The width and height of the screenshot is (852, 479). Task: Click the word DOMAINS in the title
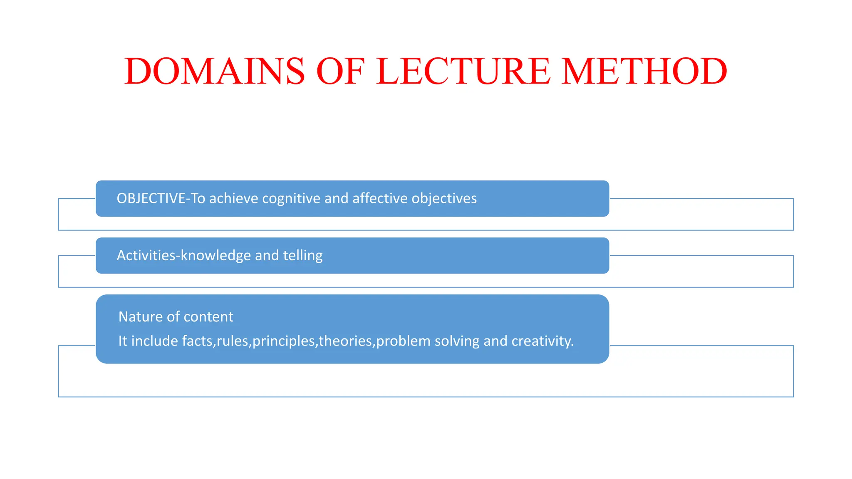click(215, 72)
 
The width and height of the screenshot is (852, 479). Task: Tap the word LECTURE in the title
click(463, 72)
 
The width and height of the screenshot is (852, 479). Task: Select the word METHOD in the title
click(644, 72)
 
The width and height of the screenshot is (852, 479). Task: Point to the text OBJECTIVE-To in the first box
click(161, 198)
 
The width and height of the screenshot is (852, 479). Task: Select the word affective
click(380, 198)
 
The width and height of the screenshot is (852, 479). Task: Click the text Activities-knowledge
click(183, 255)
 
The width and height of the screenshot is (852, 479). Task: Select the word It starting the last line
click(123, 341)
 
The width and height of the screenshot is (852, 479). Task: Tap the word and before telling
click(267, 255)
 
